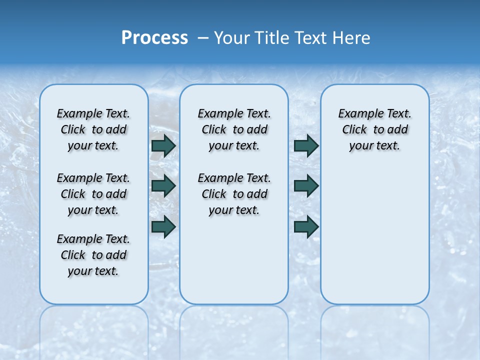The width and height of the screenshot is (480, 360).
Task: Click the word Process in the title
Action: (154, 37)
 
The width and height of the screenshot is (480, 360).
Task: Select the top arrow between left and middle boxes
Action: (163, 145)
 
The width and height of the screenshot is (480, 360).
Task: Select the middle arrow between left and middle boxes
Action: (163, 186)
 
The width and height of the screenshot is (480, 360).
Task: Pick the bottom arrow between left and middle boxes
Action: (163, 226)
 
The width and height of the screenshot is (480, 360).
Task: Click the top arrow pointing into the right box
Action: (306, 145)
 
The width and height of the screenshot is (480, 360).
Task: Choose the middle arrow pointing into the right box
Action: (306, 186)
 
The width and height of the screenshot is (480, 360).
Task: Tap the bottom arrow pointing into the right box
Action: (306, 226)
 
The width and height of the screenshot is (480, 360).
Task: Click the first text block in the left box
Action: (93, 129)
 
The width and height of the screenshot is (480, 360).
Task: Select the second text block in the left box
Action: (93, 194)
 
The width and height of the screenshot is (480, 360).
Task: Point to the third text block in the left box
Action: (93, 255)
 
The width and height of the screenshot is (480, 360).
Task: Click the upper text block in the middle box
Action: (234, 129)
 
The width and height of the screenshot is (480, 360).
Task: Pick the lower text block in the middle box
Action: (234, 194)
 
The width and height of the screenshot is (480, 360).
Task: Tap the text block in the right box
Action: (374, 129)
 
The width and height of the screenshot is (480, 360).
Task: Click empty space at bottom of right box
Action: (374, 250)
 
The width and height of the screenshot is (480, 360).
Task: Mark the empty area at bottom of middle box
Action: (234, 265)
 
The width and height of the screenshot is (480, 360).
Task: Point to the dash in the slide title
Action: (203, 37)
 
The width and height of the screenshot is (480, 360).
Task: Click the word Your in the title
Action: (231, 37)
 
